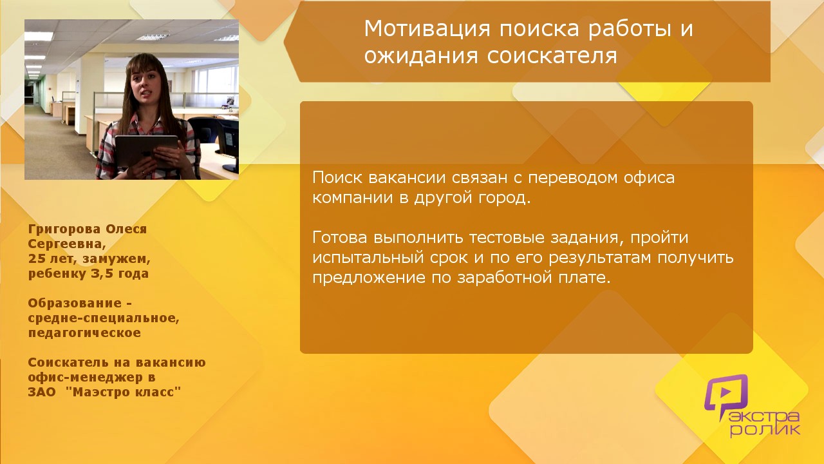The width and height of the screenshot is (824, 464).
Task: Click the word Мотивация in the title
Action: click(x=427, y=29)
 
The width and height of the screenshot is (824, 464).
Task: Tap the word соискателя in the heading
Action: click(x=552, y=56)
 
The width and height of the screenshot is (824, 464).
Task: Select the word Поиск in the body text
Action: click(x=337, y=177)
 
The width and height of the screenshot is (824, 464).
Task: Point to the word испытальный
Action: click(x=368, y=258)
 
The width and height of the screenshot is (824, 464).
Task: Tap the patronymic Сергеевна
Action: click(x=67, y=244)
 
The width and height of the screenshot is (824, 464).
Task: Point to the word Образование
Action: click(x=75, y=304)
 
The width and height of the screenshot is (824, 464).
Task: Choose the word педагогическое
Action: click(x=84, y=333)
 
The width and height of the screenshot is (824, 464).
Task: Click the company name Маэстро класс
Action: click(x=123, y=392)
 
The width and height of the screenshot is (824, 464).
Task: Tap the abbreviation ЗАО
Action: click(x=42, y=392)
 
